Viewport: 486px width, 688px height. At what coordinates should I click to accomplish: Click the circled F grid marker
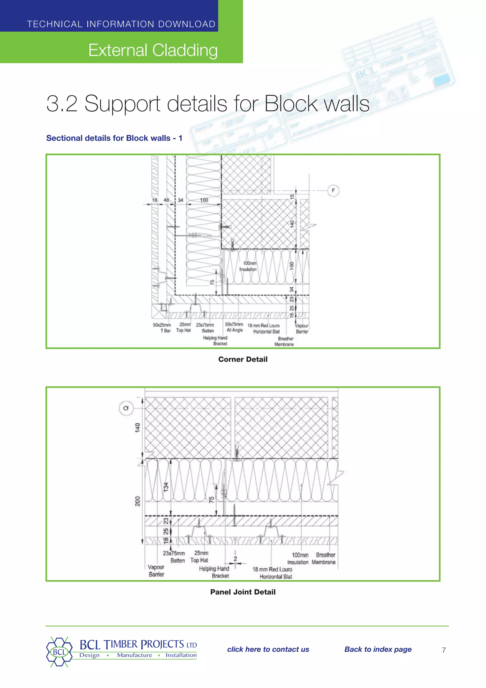[333, 191]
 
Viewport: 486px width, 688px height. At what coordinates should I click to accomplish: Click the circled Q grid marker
[126, 408]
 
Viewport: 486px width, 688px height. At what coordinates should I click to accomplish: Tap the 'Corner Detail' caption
[243, 359]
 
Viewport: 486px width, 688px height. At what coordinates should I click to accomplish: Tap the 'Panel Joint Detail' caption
[243, 592]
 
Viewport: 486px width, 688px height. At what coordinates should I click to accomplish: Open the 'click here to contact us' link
[268, 649]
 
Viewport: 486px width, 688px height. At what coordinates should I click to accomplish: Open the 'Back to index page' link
[378, 649]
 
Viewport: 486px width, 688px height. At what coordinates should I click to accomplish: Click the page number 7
[444, 650]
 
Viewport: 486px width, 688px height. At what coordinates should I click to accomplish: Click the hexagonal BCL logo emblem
[59, 652]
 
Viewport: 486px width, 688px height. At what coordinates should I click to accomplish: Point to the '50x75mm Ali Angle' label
[234, 327]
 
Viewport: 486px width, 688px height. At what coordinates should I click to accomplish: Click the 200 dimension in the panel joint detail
[137, 501]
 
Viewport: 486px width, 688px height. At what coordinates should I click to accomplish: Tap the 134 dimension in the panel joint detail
[166, 487]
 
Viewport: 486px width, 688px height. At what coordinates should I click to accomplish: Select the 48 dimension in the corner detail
[166, 200]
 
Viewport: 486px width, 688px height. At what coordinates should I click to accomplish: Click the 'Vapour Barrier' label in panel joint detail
[156, 571]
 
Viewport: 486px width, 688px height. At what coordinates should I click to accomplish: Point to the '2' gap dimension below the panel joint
[235, 559]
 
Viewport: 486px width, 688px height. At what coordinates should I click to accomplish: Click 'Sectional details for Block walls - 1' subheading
[114, 138]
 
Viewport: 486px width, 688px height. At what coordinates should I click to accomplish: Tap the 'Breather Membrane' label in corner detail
[285, 341]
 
